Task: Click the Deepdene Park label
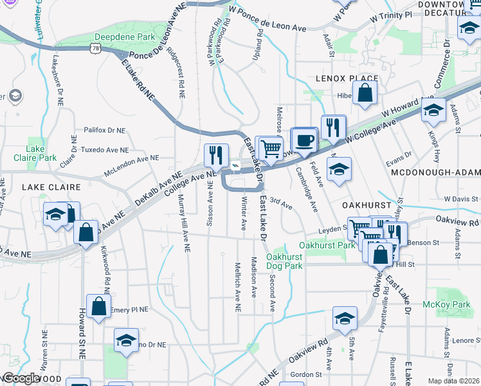(x=124, y=37)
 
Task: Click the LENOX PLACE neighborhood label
(x=346, y=78)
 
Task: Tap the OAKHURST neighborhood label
(x=367, y=204)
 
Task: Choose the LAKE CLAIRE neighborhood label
(x=51, y=187)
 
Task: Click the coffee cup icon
(x=305, y=140)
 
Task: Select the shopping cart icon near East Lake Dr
(x=269, y=148)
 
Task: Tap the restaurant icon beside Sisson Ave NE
(x=216, y=154)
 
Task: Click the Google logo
(x=21, y=378)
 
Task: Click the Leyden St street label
(x=334, y=230)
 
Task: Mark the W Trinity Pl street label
(x=390, y=15)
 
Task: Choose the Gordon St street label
(x=305, y=374)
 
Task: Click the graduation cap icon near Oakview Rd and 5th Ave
(x=345, y=318)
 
